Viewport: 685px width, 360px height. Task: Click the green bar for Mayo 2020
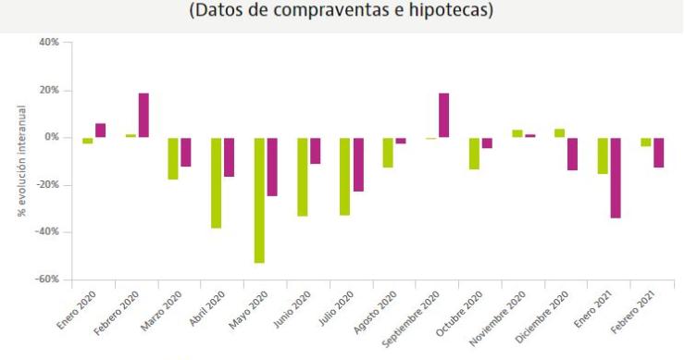[259, 200]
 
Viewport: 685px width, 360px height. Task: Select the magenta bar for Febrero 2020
[143, 115]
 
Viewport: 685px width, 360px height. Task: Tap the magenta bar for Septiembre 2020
[443, 115]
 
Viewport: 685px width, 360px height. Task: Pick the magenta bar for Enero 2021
[615, 178]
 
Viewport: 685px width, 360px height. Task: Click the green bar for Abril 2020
[217, 182]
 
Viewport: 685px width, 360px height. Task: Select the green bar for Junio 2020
[302, 177]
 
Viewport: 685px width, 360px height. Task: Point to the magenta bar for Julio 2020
[357, 165]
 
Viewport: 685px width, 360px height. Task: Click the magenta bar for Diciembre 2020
[572, 154]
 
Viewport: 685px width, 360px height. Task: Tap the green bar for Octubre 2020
[474, 154]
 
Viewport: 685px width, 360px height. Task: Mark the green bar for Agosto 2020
[388, 153]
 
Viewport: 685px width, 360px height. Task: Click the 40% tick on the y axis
[48, 43]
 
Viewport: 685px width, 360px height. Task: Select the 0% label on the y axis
[50, 138]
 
